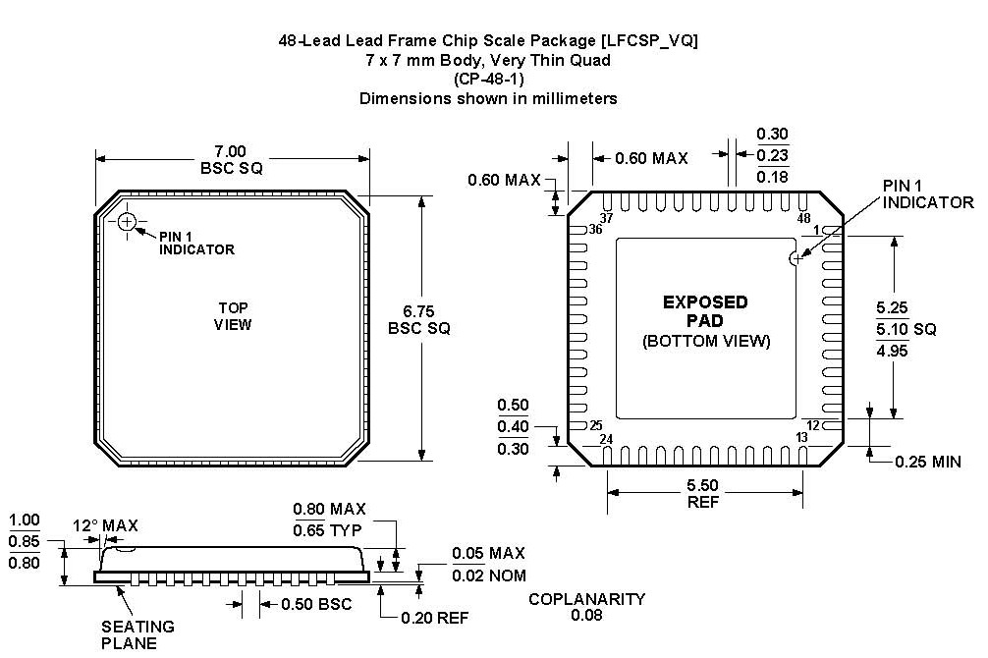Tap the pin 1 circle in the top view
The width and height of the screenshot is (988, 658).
pos(127,222)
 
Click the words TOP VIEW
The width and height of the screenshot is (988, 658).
pos(233,316)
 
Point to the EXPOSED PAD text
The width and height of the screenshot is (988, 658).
pos(705,311)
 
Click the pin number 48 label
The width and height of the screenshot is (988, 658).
pos(804,218)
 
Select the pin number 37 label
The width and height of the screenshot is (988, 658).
pos(606,218)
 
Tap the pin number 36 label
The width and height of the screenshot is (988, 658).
pos(594,230)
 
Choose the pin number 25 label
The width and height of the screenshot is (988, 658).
pos(594,426)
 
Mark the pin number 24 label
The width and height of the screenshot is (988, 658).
pos(605,439)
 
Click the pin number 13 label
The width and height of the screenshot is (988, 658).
pos(802,438)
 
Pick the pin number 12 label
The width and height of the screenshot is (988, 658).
pos(813,425)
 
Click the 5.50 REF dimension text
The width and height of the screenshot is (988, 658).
pos(704,493)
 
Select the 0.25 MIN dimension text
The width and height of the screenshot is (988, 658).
pos(927,462)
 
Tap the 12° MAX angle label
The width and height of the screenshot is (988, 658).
pos(106,525)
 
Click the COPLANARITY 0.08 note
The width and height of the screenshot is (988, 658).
pos(586,607)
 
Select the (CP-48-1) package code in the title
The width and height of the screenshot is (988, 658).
pos(488,79)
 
